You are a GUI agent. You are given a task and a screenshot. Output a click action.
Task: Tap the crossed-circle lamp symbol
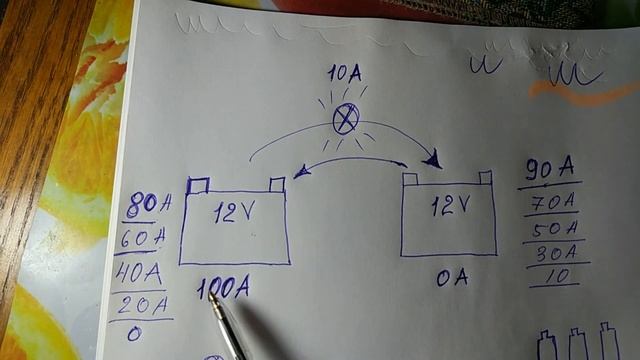345,121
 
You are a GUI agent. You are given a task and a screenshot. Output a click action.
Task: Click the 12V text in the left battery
234,211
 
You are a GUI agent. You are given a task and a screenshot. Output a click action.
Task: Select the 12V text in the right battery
449,205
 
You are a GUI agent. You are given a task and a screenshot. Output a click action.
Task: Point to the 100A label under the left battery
222,289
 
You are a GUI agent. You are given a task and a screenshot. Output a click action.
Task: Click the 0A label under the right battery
451,279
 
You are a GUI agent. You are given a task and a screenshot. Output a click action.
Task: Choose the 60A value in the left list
144,240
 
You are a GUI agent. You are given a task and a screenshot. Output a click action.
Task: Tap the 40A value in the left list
140,273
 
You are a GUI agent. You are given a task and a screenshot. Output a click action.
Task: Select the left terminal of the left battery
197,184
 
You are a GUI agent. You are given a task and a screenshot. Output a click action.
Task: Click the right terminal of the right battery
485,177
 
